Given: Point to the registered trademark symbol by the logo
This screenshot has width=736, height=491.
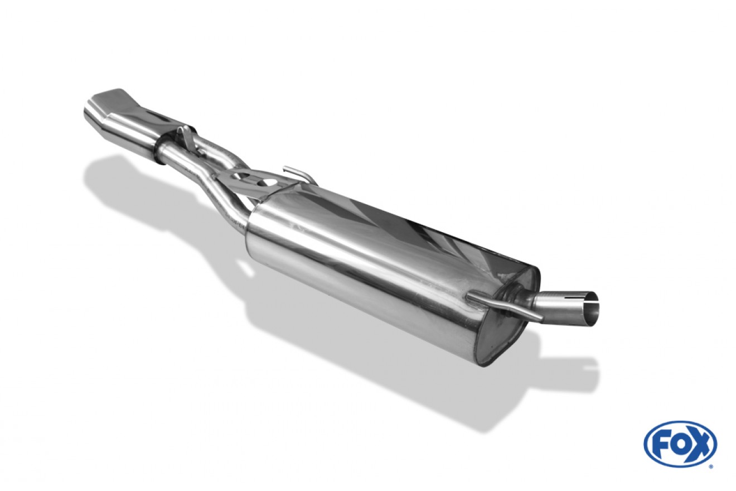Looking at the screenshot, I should (x=710, y=467).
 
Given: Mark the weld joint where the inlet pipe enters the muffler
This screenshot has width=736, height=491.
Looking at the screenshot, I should (x=516, y=296).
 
